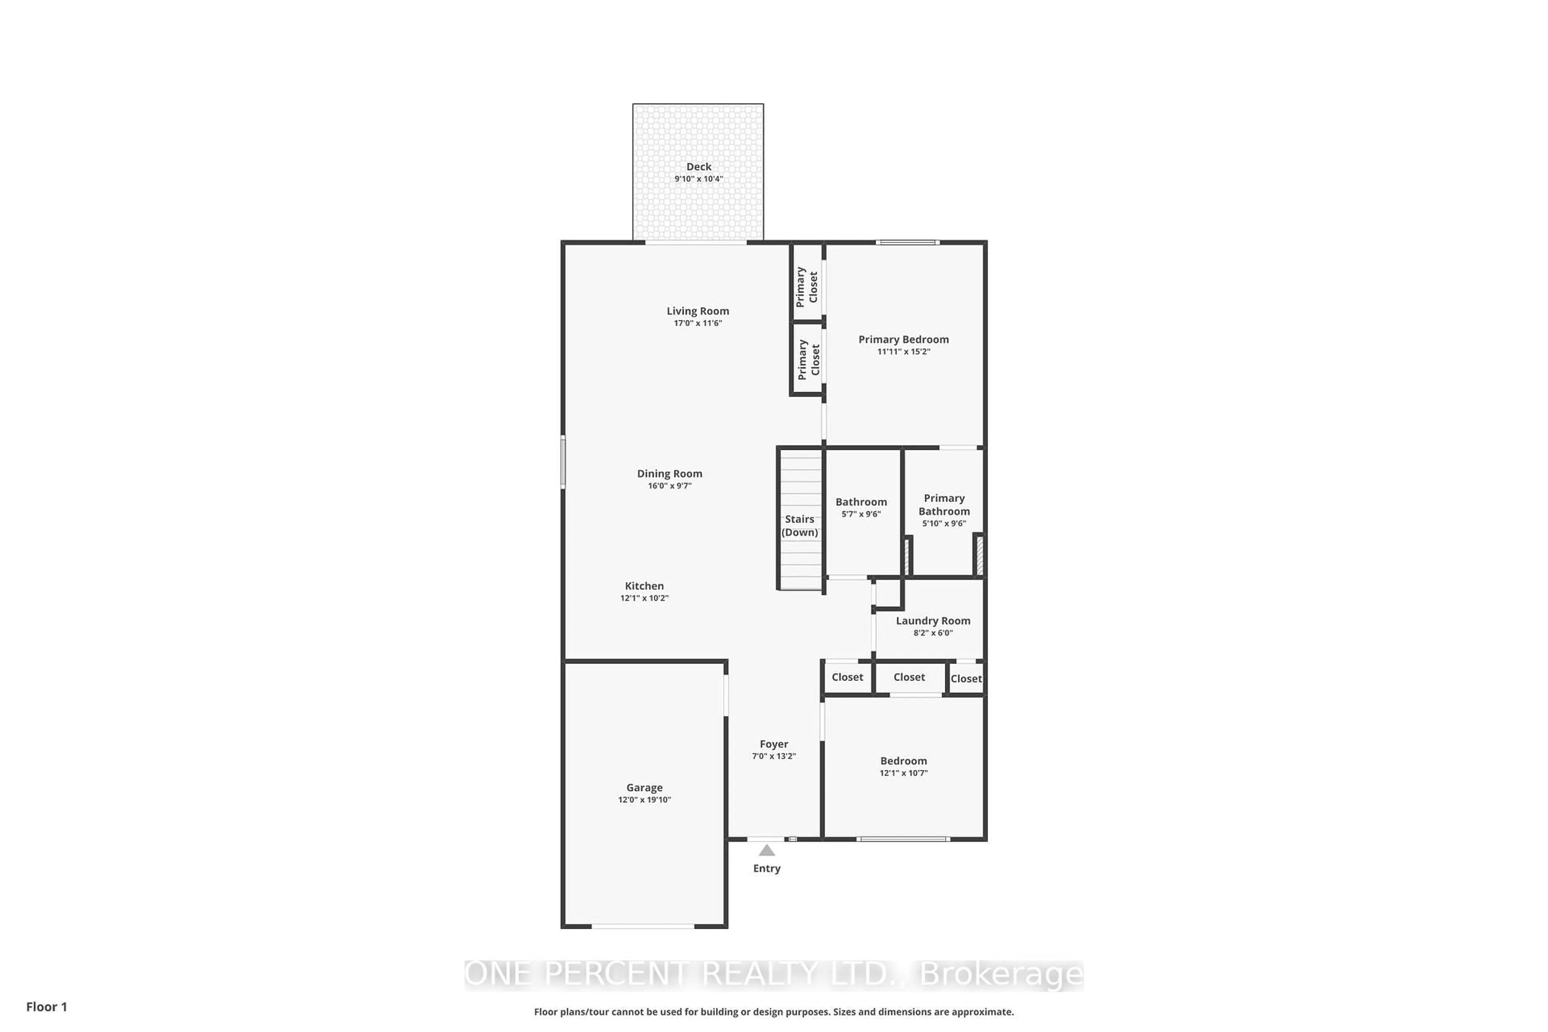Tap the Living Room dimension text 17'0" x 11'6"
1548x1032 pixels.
point(698,323)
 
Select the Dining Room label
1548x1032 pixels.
point(669,474)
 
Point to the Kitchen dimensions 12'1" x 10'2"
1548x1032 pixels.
point(644,598)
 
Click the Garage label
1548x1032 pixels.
point(644,788)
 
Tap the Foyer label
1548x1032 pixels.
point(774,745)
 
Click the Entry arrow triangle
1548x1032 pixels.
point(767,850)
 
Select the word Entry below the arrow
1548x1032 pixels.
point(767,869)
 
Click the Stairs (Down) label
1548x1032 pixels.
point(800,526)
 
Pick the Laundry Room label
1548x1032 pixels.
point(932,621)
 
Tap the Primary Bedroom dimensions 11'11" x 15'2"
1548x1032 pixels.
point(904,352)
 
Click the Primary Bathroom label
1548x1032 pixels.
point(944,505)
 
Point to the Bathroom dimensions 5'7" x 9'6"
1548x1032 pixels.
point(861,514)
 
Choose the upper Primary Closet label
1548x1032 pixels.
point(807,286)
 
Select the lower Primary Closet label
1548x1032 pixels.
point(808,359)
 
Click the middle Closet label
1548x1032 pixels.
point(909,677)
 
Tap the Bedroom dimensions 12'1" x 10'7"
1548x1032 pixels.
point(904,773)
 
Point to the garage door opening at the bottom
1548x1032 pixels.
point(643,926)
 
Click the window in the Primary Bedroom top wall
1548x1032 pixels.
point(907,243)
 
